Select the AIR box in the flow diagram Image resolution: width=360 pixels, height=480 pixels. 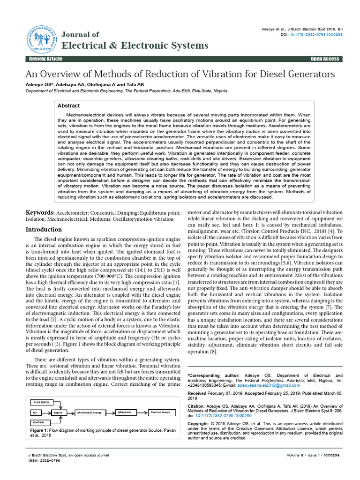[35, 412]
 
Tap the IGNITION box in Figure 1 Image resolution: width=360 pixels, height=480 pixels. [39, 422]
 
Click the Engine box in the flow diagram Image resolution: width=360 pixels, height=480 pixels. [58, 412]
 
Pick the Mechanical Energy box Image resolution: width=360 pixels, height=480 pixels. [90, 412]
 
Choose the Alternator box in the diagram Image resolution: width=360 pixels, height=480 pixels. [124, 412]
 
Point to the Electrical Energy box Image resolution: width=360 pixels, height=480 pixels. [160, 412]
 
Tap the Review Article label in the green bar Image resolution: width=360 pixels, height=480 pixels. [45, 59]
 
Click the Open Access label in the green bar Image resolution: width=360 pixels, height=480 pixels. [324, 59]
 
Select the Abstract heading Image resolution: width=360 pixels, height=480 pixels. [68, 106]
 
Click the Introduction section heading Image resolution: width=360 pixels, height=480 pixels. [44, 229]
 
